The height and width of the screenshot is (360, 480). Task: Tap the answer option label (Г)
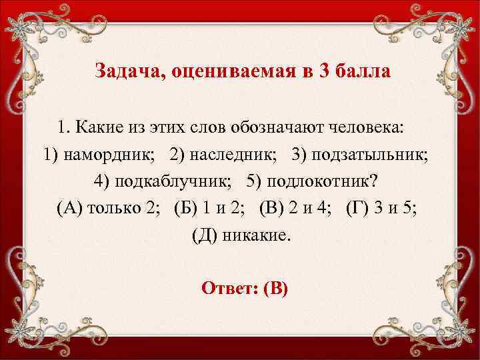pyautogui.click(x=359, y=209)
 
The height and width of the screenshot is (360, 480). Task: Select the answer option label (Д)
pyautogui.click(x=204, y=237)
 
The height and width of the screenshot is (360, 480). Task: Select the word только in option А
pyautogui.click(x=113, y=209)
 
